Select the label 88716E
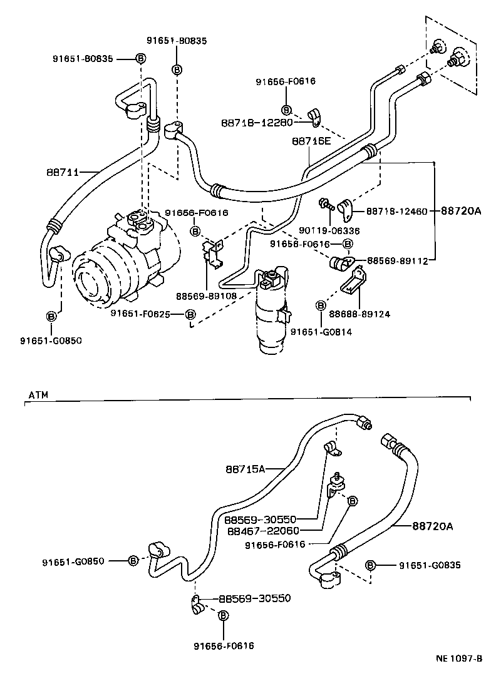[x=311, y=141]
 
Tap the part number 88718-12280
[x=257, y=122]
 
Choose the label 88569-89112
[x=397, y=260]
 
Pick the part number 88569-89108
[x=207, y=296]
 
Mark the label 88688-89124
[x=359, y=314]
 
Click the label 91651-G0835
[x=430, y=565]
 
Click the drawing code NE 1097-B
[x=459, y=658]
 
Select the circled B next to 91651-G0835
[x=370, y=565]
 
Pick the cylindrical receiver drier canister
[x=270, y=313]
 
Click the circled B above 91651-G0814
[x=320, y=305]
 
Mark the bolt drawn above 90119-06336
[x=325, y=203]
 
